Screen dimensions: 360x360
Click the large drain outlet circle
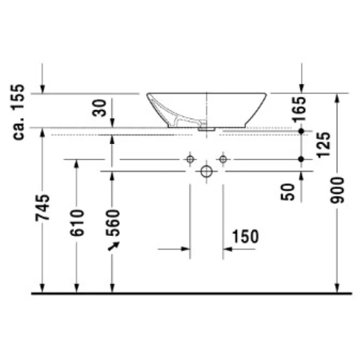pos(206,172)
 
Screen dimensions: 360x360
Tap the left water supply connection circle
pos(190,160)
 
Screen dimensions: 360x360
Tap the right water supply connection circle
pos(223,160)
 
